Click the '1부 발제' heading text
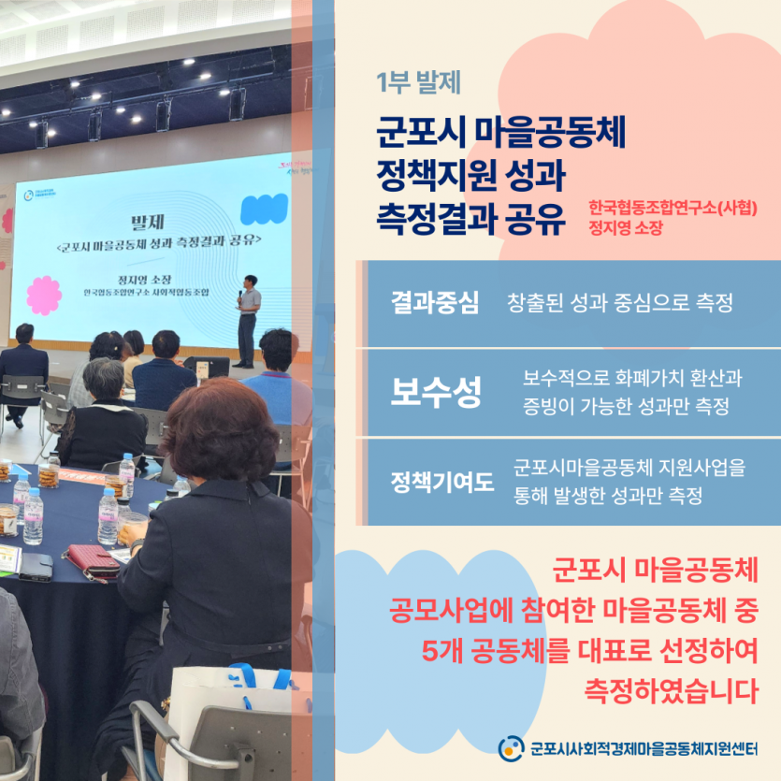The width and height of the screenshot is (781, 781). (418, 82)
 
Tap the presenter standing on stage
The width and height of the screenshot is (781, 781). (248, 321)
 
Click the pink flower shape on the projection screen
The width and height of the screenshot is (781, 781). (44, 296)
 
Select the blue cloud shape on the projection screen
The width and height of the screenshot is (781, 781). (264, 209)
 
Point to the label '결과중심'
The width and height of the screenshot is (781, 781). (435, 302)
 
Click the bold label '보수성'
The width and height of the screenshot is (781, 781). (436, 392)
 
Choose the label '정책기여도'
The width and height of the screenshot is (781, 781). (441, 482)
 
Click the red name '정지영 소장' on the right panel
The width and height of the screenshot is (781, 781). (626, 228)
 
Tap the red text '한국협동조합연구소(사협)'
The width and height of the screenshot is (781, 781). (673, 208)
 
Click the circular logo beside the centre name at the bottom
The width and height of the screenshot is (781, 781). (511, 748)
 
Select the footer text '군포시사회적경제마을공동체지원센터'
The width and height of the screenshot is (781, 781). (644, 748)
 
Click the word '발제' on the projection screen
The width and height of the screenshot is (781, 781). (148, 223)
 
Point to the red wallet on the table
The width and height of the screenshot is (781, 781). (90, 562)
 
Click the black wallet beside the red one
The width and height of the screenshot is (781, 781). (36, 568)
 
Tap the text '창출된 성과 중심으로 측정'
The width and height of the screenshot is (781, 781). (619, 302)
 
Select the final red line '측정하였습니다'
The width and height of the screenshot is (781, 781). (671, 691)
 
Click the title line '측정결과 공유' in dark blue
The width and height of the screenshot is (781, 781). (470, 219)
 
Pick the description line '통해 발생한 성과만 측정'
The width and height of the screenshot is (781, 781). (608, 496)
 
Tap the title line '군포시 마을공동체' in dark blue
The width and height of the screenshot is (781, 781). (500, 132)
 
